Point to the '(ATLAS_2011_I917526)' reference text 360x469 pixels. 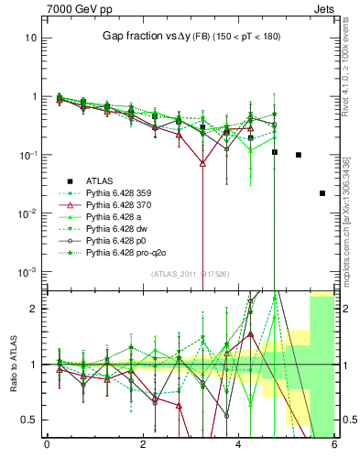coord(190,272)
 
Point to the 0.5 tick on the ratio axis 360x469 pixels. coord(31,420)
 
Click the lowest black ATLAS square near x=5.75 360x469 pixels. coord(322,193)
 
